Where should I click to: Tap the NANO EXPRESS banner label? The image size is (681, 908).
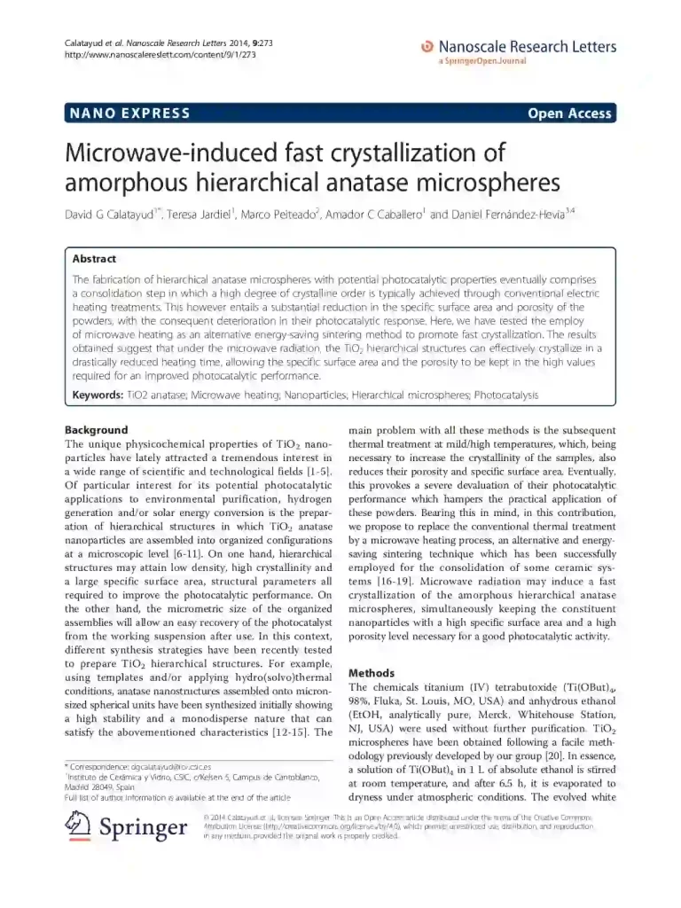[x=129, y=113]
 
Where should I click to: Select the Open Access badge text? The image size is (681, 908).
[x=568, y=113]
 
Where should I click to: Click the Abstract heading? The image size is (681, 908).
[x=94, y=259]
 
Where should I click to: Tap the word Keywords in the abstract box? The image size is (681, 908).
[x=96, y=394]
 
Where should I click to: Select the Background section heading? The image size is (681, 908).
[x=97, y=430]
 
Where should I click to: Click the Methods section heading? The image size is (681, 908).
[x=371, y=673]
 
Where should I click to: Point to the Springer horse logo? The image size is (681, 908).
[x=79, y=828]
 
